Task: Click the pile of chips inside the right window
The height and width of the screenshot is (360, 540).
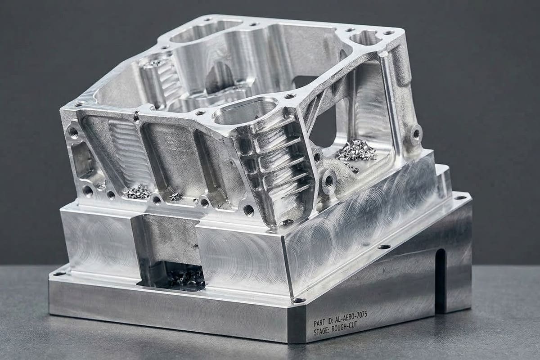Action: pos(356,151)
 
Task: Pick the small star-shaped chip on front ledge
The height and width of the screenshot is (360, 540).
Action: pos(175,197)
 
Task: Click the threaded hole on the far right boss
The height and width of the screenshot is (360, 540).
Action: pos(416,134)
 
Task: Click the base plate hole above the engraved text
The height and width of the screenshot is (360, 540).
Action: pos(384,247)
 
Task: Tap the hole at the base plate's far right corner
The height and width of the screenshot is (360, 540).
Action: pos(459,197)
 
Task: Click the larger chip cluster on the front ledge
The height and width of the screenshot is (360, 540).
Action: pos(138,192)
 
